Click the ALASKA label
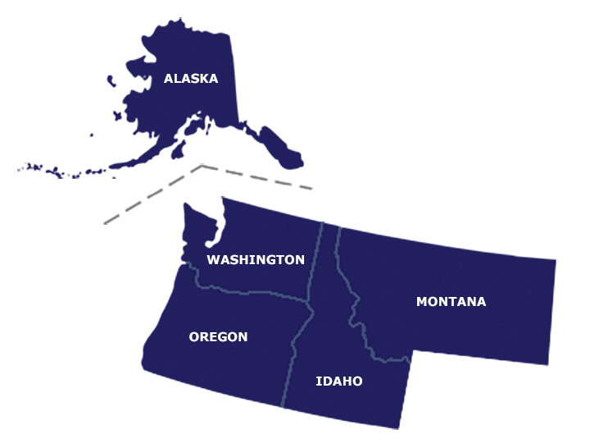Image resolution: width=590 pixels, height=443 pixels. (x=190, y=79)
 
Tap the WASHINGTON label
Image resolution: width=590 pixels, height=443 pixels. (x=255, y=259)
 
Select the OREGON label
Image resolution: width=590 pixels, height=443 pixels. (x=218, y=336)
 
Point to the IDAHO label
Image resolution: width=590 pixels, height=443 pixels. (x=338, y=381)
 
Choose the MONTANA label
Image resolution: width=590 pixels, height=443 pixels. (x=451, y=301)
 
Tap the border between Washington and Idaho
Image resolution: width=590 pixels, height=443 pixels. (x=315, y=263)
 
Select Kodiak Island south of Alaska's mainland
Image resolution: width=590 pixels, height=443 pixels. (x=176, y=153)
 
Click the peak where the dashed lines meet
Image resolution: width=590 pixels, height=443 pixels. (x=202, y=165)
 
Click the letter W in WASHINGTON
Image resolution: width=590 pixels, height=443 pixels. (x=212, y=259)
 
